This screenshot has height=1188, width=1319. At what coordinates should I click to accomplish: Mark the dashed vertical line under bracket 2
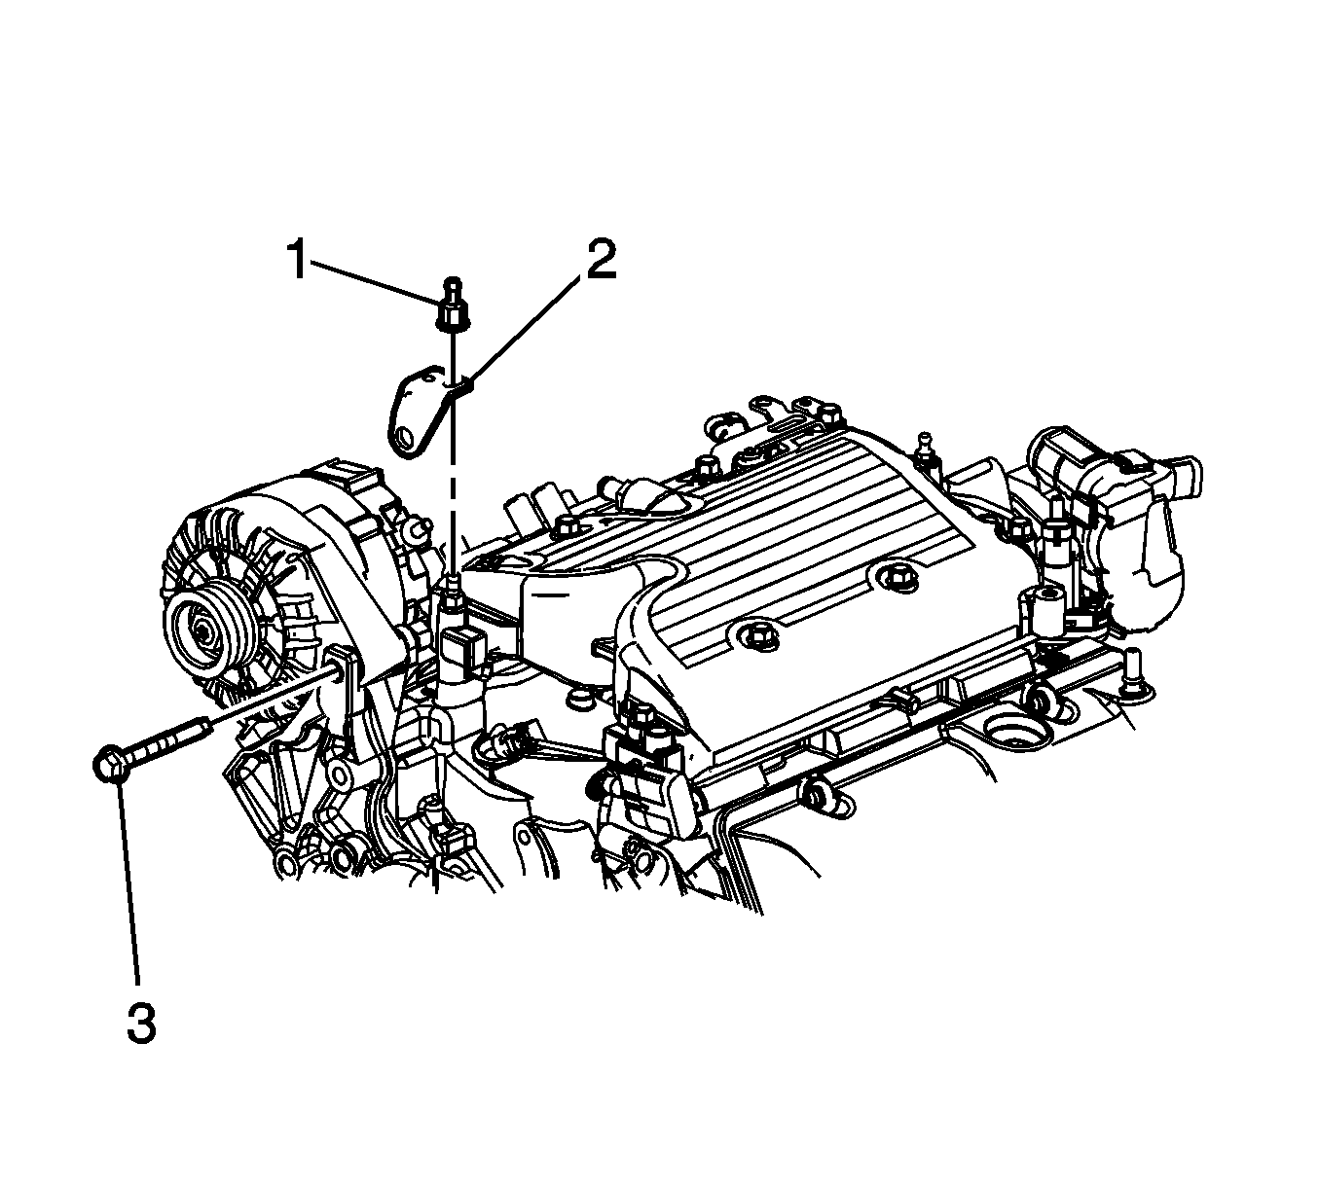(453, 506)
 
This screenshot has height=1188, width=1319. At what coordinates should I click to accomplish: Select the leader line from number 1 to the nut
(375, 283)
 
